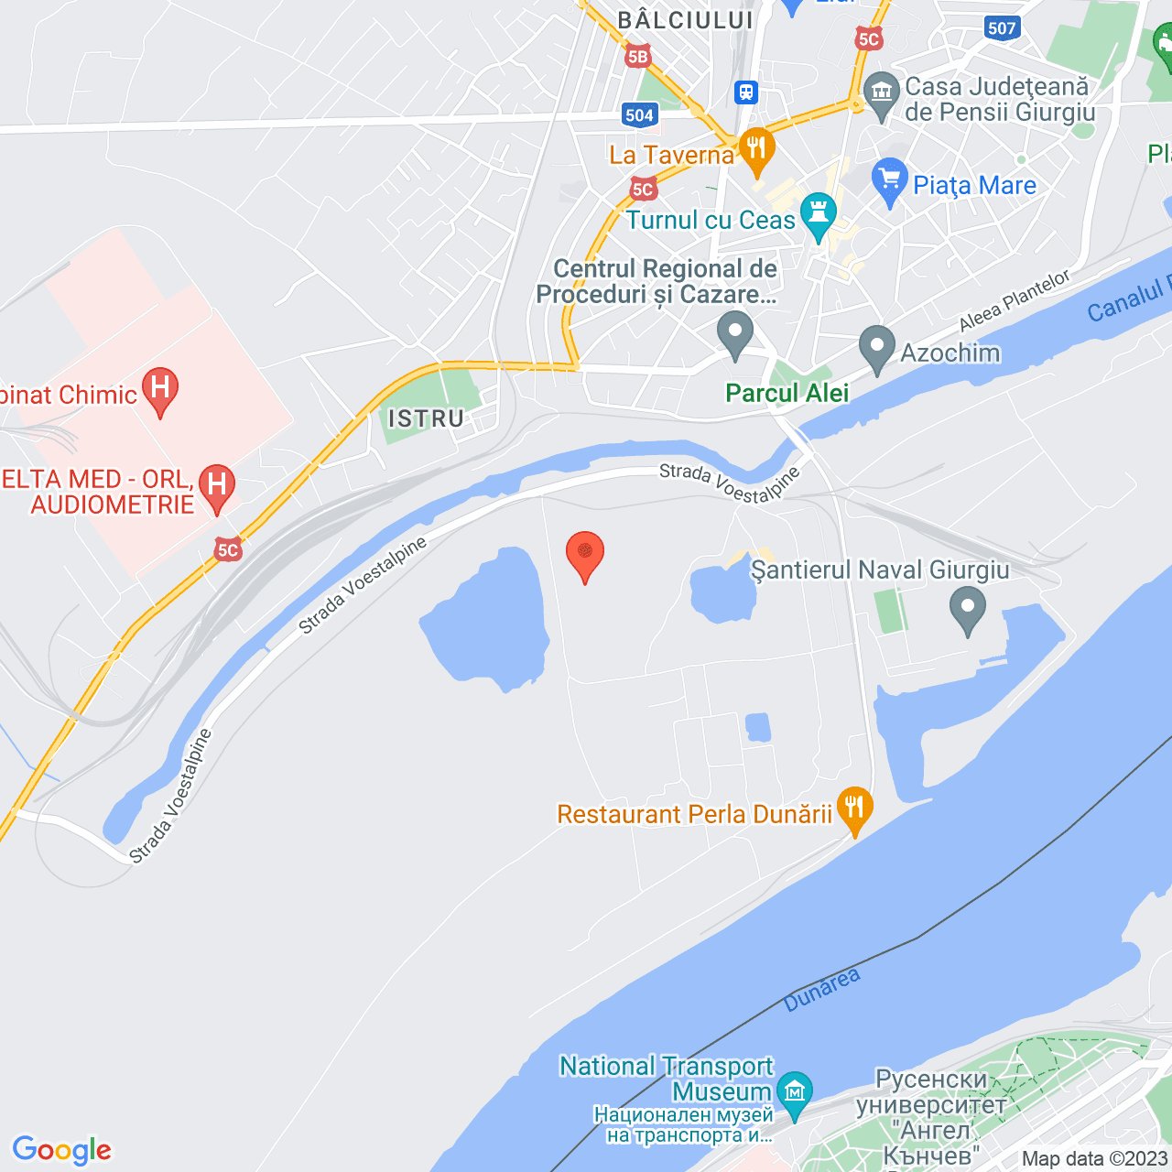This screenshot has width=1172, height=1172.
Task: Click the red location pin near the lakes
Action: point(585,554)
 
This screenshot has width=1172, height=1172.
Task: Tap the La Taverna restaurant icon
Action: point(756,150)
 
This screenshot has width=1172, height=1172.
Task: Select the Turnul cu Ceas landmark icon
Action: point(818,215)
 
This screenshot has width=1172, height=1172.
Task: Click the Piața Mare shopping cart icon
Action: point(889,180)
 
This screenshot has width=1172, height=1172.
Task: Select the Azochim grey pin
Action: point(877,348)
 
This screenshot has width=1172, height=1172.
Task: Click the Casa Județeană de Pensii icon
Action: point(882,93)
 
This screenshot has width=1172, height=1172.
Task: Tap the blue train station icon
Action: point(747,92)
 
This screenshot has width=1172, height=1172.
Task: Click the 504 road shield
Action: point(639,114)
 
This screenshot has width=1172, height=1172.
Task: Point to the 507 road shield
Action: point(1002,28)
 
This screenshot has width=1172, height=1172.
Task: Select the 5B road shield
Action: point(637,57)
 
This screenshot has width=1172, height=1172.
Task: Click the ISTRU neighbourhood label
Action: point(427,419)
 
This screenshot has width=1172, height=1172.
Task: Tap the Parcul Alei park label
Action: point(787,394)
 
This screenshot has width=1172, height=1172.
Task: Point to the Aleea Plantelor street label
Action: point(1014,301)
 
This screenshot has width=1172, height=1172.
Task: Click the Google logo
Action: point(61,1150)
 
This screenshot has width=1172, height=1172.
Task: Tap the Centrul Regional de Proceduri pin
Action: point(734,333)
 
